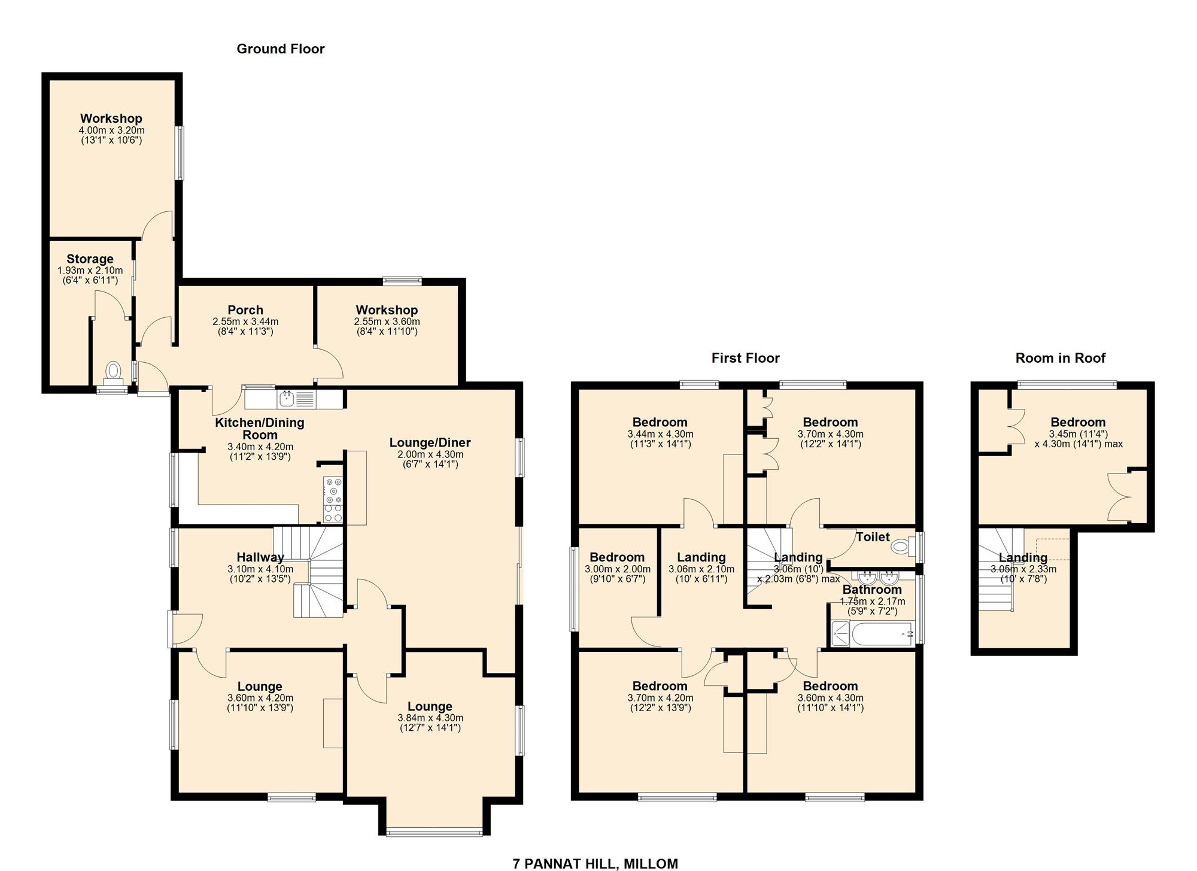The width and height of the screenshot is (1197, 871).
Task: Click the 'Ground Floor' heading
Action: (281, 49)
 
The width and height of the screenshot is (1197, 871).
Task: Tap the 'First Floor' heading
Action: (745, 358)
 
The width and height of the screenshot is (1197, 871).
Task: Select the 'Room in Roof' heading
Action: (1060, 358)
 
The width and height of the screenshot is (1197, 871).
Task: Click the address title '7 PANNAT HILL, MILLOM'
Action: (595, 863)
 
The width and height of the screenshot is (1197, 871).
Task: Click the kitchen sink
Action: (287, 398)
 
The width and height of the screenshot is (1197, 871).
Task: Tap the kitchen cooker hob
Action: (333, 499)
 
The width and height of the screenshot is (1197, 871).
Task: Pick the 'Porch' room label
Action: (245, 310)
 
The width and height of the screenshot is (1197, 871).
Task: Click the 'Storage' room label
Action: (90, 259)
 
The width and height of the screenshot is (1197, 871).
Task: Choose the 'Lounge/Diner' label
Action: (430, 443)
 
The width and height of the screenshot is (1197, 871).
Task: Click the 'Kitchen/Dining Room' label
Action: (260, 429)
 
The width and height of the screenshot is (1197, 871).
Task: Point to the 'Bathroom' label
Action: (872, 590)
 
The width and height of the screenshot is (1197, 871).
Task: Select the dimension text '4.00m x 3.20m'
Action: (111, 131)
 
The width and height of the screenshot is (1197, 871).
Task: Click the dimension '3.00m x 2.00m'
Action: (617, 569)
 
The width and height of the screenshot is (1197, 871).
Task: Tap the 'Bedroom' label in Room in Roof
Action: (1078, 422)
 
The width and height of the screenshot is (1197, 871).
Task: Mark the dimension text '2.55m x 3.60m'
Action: (387, 321)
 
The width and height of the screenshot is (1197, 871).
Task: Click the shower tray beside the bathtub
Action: (840, 633)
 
